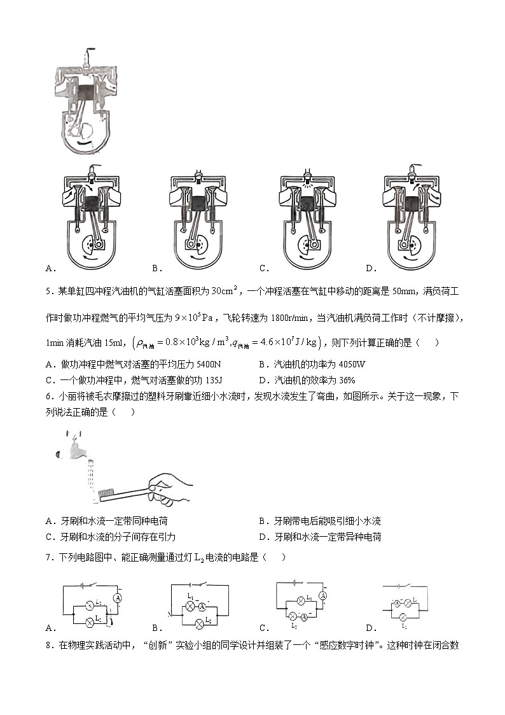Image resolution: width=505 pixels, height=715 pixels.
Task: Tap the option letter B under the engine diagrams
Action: (x=155, y=268)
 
